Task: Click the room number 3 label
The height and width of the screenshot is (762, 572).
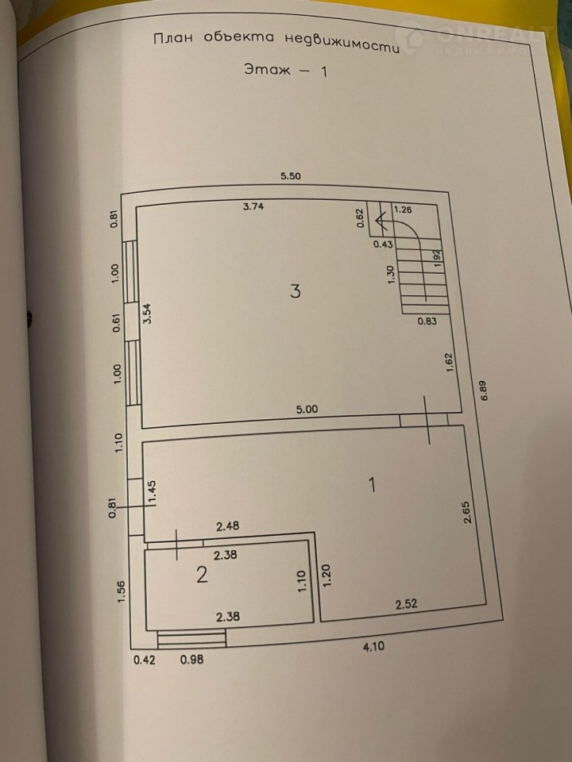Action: (x=296, y=291)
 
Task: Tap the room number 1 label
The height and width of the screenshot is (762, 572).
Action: (x=373, y=484)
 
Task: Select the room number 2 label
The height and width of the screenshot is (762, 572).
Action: (x=202, y=575)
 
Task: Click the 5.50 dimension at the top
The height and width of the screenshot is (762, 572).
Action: (x=291, y=176)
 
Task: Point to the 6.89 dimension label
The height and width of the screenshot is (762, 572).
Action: (x=484, y=391)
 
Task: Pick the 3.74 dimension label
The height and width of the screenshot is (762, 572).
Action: (x=253, y=206)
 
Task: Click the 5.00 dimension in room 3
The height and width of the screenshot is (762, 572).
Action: (x=307, y=410)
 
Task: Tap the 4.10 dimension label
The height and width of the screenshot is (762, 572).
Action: (x=374, y=646)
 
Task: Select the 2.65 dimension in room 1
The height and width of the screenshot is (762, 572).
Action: (x=467, y=512)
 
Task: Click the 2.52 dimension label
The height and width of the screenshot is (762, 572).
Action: (x=406, y=605)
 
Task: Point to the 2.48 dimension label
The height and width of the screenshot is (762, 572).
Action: (x=228, y=525)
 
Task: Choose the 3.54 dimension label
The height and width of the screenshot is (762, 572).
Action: (x=148, y=314)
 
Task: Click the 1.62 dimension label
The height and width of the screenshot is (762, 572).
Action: (x=449, y=363)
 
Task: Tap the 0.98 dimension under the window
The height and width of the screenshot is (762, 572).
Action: (x=191, y=660)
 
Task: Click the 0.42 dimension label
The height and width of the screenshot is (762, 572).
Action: (x=145, y=660)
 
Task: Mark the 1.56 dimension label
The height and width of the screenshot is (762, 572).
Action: (x=122, y=592)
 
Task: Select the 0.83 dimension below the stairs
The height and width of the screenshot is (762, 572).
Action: (x=427, y=321)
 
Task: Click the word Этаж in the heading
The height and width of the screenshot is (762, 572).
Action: (x=267, y=70)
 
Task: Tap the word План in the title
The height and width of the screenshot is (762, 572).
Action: (x=172, y=38)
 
